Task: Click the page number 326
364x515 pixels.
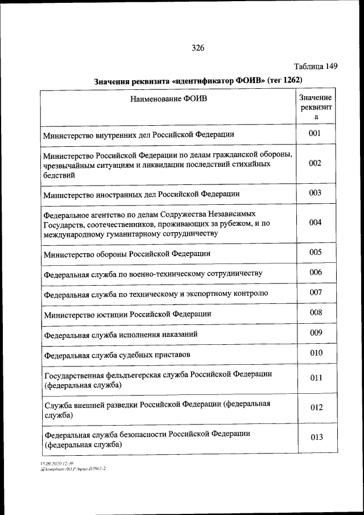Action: point(198,48)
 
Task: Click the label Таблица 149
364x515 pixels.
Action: point(316,66)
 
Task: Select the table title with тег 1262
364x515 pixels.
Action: point(197,81)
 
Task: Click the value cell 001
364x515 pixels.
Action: point(316,134)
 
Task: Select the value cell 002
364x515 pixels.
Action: point(316,163)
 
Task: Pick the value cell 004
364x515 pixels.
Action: point(316,223)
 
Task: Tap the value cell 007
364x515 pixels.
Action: point(316,292)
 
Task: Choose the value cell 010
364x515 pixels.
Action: point(316,353)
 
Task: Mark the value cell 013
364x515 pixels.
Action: point(316,437)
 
